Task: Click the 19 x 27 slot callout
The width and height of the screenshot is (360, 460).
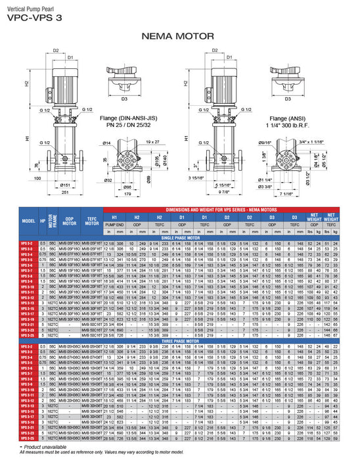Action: point(152,142)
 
